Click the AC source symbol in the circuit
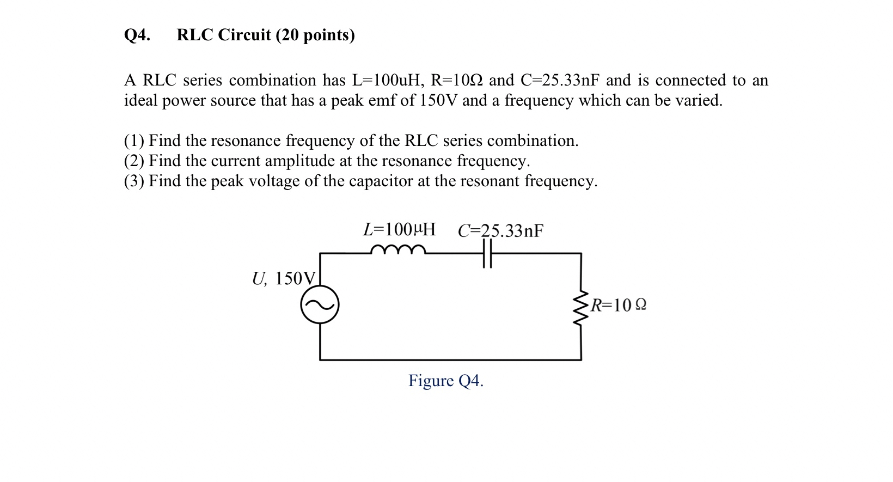pos(320,304)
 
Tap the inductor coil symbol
pos(398,249)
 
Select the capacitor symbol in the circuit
pos(487,253)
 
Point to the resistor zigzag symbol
pos(581,306)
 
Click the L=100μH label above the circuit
pos(399,230)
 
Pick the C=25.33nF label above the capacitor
pos(500,231)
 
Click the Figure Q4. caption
pos(446,381)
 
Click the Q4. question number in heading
pos(137,35)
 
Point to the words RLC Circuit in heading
pos(224,35)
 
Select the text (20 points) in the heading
pos(315,35)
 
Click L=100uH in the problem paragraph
pos(387,81)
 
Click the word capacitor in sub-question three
pos(381,181)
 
